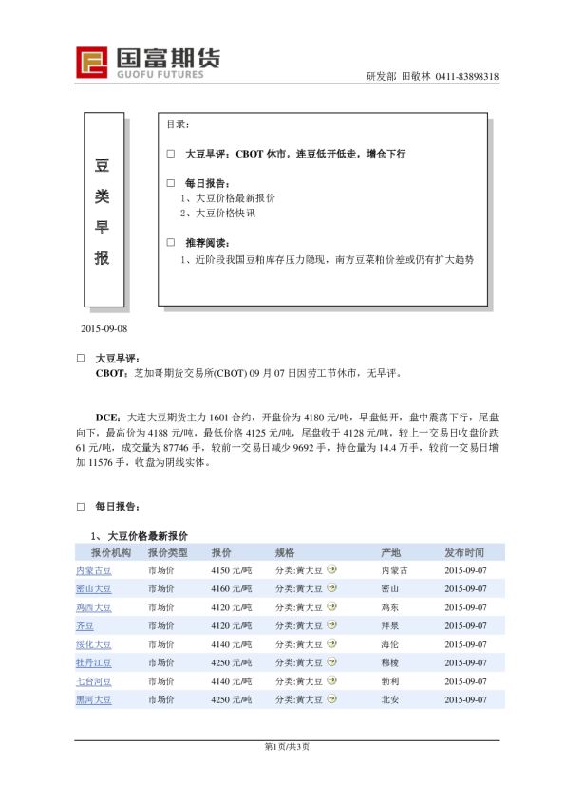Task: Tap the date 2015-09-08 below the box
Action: (104, 328)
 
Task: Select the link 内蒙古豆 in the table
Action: (93, 570)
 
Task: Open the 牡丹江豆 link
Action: (93, 662)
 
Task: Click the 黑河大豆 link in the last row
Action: (93, 699)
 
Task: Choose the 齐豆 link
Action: (85, 626)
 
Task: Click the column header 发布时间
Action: (464, 552)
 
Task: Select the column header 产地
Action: (390, 552)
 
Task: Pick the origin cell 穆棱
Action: (390, 662)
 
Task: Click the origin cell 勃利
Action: (390, 681)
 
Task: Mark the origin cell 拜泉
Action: (390, 626)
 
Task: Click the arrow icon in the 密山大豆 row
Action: (331, 588)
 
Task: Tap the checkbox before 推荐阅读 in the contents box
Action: (171, 242)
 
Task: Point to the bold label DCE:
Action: (107, 417)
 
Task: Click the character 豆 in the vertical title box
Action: (103, 166)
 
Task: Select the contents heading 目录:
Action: (179, 124)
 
